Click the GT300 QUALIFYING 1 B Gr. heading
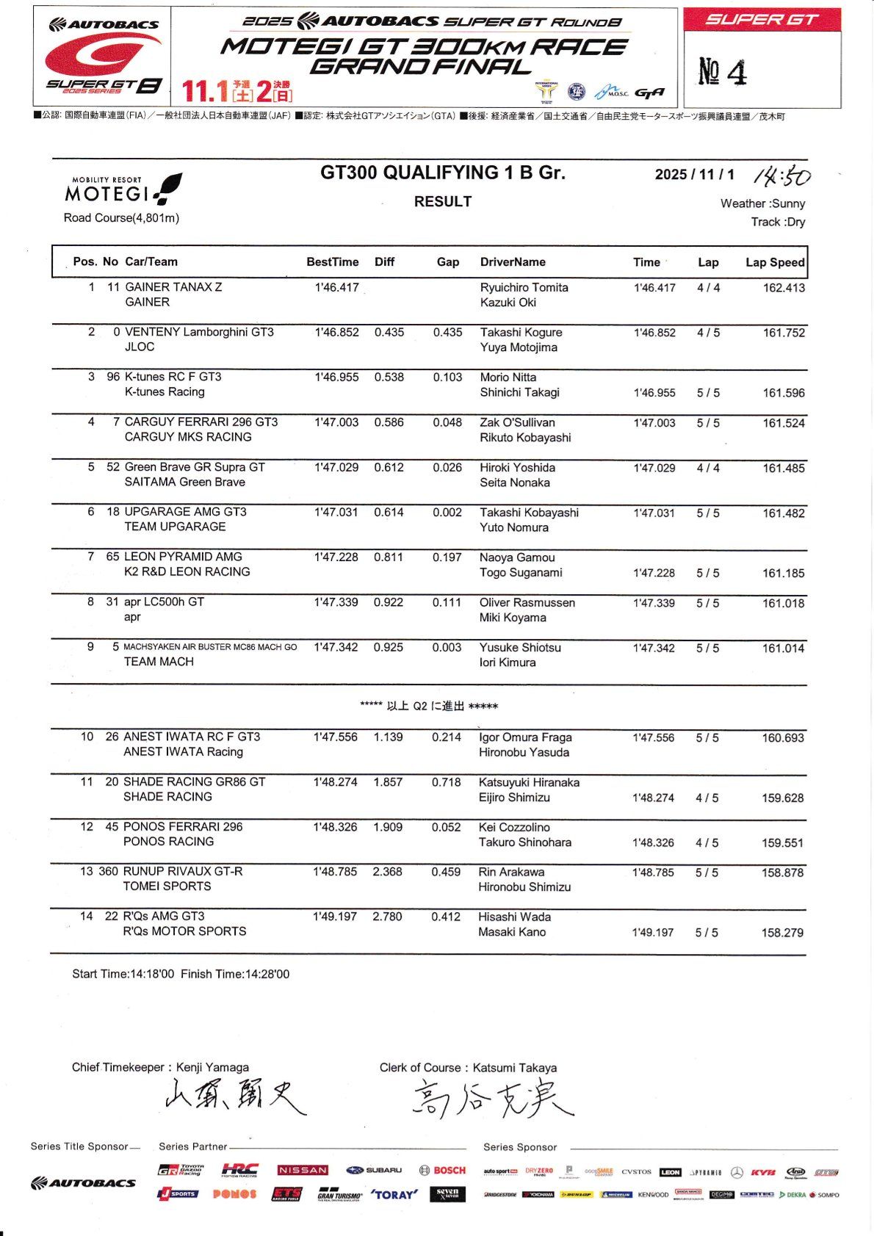[442, 173]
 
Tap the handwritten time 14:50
[782, 177]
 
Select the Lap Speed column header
[775, 262]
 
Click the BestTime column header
[333, 262]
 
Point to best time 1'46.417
[336, 287]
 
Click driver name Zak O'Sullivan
[517, 422]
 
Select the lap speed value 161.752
[784, 333]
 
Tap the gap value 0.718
[447, 782]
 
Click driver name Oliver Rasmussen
[527, 603]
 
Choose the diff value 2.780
[387, 917]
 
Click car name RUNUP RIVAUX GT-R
[183, 872]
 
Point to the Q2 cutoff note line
[429, 706]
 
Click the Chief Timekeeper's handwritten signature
[234, 1097]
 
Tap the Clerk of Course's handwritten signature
[492, 1099]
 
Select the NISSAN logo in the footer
[303, 1170]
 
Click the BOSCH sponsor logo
[442, 1170]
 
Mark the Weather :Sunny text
[762, 203]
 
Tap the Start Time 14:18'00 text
[123, 974]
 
